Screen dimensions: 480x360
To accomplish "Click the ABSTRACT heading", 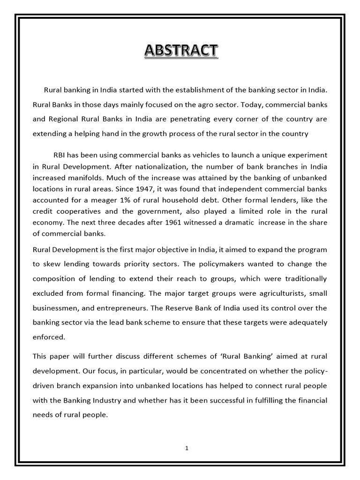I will coord(180,50).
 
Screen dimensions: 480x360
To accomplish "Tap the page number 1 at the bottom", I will coord(187,448).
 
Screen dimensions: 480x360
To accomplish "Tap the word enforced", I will coord(49,337).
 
